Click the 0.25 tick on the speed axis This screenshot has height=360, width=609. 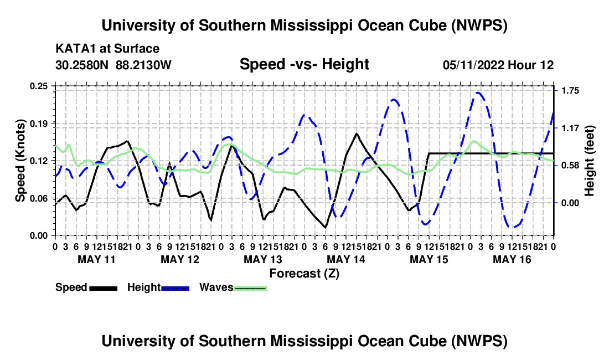point(39,86)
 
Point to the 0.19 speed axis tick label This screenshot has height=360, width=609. point(39,124)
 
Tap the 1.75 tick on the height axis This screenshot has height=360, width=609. point(570,91)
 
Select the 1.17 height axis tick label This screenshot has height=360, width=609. point(570,128)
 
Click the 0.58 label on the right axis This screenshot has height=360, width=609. point(570,166)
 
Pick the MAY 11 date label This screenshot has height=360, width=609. point(97,259)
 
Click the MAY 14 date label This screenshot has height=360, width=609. point(346,259)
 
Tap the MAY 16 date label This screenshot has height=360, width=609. point(512,259)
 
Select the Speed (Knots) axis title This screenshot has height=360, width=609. point(20,161)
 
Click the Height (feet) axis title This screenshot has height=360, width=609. point(589,161)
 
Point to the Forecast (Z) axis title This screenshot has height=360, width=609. point(304,274)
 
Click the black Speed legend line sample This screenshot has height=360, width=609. point(104,289)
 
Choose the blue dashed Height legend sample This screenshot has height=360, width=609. point(175,289)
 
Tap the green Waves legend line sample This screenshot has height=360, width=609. point(250,289)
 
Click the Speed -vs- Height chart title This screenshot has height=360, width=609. point(304,64)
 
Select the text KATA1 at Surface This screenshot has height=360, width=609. point(107,49)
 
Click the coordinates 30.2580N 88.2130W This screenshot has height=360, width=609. point(113,65)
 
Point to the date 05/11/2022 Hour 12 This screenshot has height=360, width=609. point(498,65)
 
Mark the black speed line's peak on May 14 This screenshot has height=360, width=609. point(356,133)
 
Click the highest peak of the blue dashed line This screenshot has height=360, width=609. point(478,92)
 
